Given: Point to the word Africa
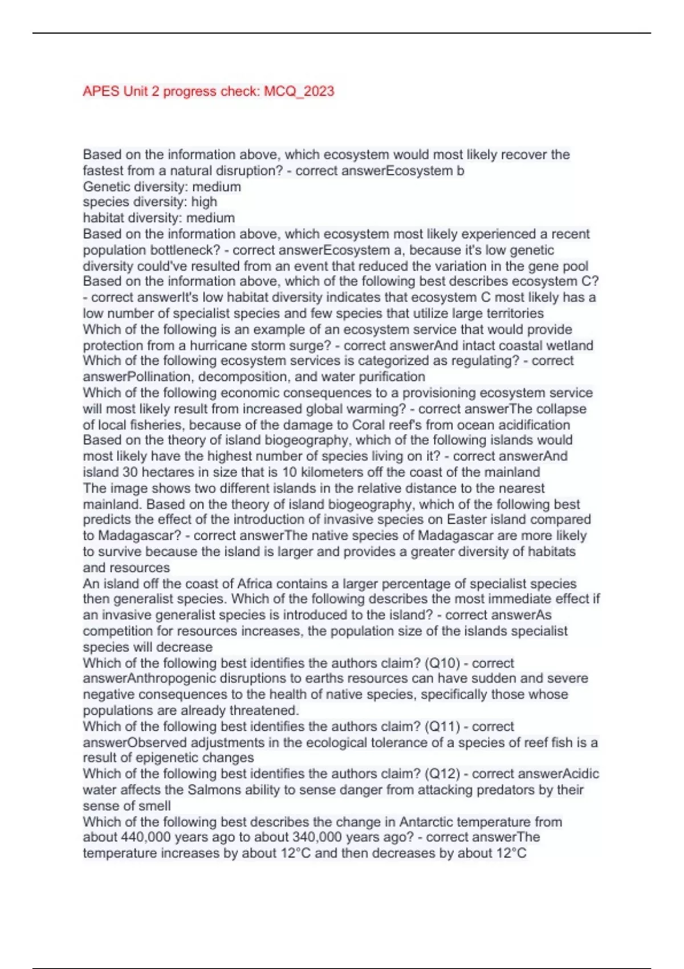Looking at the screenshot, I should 256,584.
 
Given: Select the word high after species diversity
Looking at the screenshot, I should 204,202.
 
